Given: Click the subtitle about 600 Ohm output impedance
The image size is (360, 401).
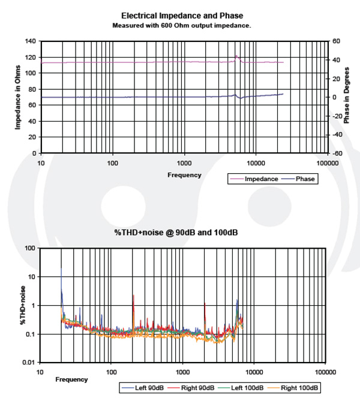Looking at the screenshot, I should point(182,26).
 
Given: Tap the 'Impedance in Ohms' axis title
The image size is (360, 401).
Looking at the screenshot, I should point(18,97).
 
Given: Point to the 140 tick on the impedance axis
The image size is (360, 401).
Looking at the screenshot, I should point(30,41).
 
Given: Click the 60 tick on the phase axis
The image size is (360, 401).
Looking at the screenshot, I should point(335,41).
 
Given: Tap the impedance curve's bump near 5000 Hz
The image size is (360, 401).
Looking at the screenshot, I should point(236,56).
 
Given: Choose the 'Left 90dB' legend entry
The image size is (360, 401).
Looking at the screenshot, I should point(142,387).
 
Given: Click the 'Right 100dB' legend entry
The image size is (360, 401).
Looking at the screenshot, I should point(296,387).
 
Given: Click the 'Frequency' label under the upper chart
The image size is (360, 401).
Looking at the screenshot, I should point(184,174).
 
